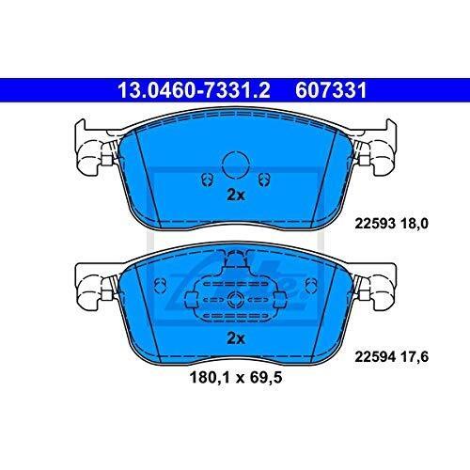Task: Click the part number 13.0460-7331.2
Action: tap(194, 90)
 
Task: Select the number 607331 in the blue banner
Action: tap(331, 90)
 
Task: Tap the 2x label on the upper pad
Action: tap(236, 196)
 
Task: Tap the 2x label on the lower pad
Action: tap(236, 338)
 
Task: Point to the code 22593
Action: tap(375, 224)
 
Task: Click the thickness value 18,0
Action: tap(414, 224)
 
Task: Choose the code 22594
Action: tap(375, 357)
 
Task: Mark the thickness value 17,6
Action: tap(414, 357)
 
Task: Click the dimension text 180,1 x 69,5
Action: tap(236, 378)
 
